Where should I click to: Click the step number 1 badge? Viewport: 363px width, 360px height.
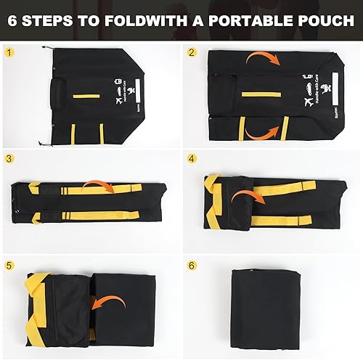tap(9, 53)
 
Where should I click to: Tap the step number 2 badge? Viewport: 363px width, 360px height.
tap(192, 53)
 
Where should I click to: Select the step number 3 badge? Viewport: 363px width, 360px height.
tap(9, 158)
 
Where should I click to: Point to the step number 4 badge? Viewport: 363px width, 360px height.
tap(192, 158)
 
